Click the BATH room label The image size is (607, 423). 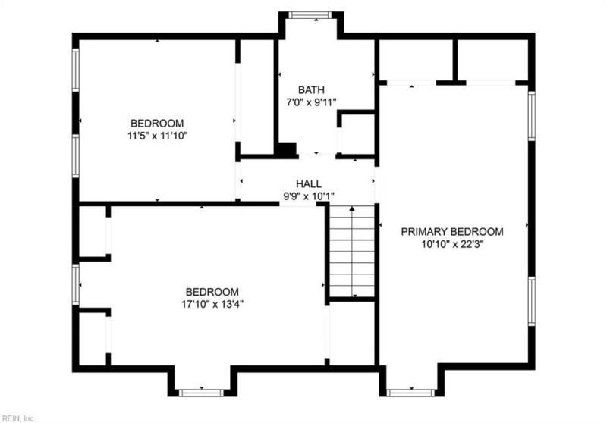point(311,89)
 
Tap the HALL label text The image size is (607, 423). point(308,184)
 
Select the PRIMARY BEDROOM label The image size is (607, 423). point(452,232)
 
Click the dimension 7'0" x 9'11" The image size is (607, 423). point(311,102)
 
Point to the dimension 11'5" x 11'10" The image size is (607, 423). point(157,136)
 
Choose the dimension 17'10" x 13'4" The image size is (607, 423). point(212,304)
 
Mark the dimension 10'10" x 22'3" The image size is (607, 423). point(452,245)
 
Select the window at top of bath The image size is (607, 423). point(308,14)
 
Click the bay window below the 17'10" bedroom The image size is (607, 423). point(201,392)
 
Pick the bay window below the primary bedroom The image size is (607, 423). point(410,392)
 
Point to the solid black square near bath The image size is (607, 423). point(286,149)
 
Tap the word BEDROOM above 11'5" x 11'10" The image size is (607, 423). point(157,124)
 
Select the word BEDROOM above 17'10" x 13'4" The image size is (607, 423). point(212,291)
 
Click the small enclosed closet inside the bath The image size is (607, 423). point(355,134)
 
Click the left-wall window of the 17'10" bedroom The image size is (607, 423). point(76,284)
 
